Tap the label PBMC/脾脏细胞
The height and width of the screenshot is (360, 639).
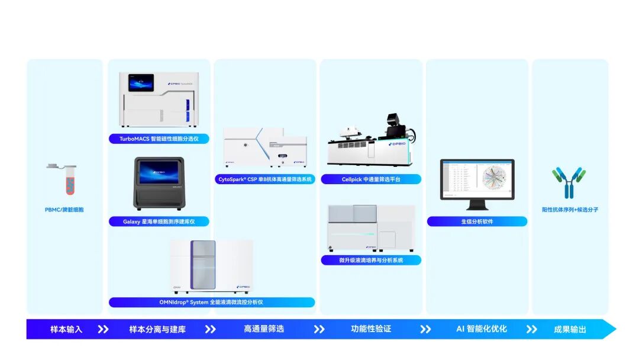coord(64,210)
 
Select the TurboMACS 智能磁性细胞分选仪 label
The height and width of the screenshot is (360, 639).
coord(159,139)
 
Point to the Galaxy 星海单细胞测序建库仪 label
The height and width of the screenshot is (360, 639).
coord(159,221)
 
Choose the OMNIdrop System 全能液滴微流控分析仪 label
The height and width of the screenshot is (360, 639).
coord(211,302)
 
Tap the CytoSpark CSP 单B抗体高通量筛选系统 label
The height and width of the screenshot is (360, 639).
coord(264,179)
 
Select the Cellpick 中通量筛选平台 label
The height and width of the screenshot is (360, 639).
coord(371,179)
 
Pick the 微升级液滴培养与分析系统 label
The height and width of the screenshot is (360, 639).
coord(371,260)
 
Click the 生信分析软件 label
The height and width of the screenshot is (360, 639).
coord(477,221)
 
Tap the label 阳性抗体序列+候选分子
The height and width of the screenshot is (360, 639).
coord(570,210)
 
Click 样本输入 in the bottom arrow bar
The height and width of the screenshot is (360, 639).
coord(66,329)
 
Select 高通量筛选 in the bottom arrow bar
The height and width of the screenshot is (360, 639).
coord(264,329)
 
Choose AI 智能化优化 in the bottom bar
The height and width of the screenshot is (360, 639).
coord(482,329)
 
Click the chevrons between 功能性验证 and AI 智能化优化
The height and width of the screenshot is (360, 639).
coord(425,329)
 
